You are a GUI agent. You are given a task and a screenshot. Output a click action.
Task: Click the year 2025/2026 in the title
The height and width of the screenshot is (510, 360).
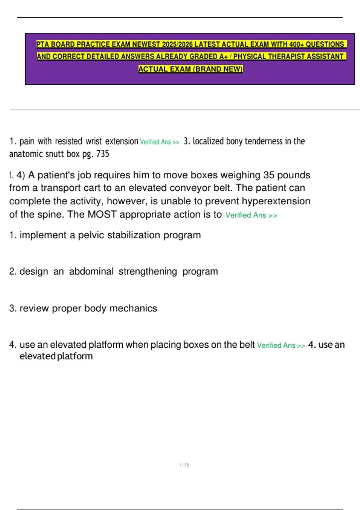tap(177, 44)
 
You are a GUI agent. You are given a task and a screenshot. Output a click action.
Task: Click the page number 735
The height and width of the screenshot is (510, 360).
tap(103, 154)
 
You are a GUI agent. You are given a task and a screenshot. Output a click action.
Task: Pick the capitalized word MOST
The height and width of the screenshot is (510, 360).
tap(102, 214)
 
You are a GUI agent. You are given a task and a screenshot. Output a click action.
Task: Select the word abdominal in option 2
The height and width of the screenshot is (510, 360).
tap(91, 271)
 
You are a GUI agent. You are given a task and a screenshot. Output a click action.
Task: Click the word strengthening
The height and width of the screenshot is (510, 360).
tap(148, 271)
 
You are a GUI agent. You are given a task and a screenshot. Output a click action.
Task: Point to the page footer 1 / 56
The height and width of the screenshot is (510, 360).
tap(184, 465)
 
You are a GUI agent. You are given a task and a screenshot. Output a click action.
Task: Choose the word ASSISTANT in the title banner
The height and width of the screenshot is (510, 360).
tap(325, 57)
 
